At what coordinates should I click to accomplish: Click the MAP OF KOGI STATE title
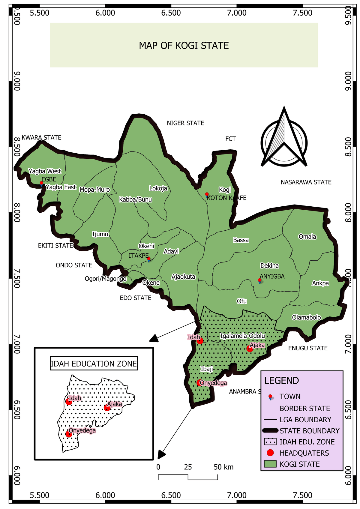(x=184, y=46)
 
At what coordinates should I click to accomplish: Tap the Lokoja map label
(x=158, y=188)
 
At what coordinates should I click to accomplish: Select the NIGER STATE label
(x=185, y=123)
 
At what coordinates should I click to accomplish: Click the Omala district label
(x=307, y=237)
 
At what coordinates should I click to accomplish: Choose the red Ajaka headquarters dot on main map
(x=250, y=349)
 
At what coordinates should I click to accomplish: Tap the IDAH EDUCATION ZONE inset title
(x=94, y=364)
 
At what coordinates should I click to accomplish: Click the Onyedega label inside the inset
(x=82, y=430)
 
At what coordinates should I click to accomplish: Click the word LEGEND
(x=281, y=381)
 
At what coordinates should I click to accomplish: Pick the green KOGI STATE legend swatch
(x=270, y=464)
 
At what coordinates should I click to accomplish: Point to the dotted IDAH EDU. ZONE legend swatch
(x=270, y=442)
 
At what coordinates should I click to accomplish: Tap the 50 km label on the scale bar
(x=223, y=467)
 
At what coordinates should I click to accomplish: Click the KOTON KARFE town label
(x=227, y=198)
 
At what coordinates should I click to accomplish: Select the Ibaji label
(x=207, y=369)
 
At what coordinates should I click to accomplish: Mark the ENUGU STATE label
(x=308, y=348)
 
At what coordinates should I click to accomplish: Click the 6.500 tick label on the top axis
(x=171, y=13)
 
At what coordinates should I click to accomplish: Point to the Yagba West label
(x=45, y=171)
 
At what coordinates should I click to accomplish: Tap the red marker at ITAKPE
(x=148, y=259)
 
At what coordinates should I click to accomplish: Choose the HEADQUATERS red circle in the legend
(x=270, y=453)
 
